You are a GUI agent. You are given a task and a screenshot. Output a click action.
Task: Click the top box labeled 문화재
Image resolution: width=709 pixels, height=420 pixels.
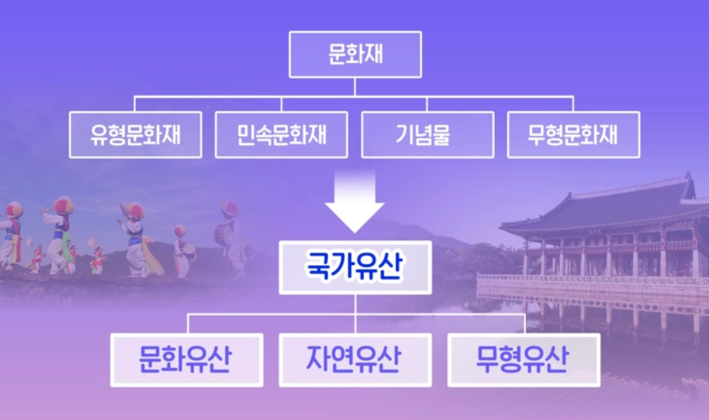point(355,54)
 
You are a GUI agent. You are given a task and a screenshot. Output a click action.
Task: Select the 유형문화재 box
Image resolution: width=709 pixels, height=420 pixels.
point(135,135)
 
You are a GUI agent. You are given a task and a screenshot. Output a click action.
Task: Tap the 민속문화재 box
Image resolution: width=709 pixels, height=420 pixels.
point(281,135)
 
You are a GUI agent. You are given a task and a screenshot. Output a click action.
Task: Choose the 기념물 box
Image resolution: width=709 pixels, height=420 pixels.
point(427,135)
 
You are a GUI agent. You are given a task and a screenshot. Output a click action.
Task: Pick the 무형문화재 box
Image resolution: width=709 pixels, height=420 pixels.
point(573,135)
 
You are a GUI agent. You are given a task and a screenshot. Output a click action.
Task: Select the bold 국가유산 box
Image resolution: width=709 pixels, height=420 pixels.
point(355,267)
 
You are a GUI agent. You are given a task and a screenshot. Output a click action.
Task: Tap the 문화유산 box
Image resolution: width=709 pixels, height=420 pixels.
point(187,360)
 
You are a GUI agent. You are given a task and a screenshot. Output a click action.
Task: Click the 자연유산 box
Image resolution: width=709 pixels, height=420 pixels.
point(355,360)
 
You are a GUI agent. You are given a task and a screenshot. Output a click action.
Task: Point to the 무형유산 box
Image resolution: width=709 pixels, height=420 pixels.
point(523,360)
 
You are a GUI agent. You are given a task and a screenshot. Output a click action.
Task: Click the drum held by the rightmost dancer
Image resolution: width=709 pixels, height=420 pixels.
point(224,234)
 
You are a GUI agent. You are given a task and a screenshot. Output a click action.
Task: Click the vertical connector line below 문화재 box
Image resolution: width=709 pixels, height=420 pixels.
point(355,87)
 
